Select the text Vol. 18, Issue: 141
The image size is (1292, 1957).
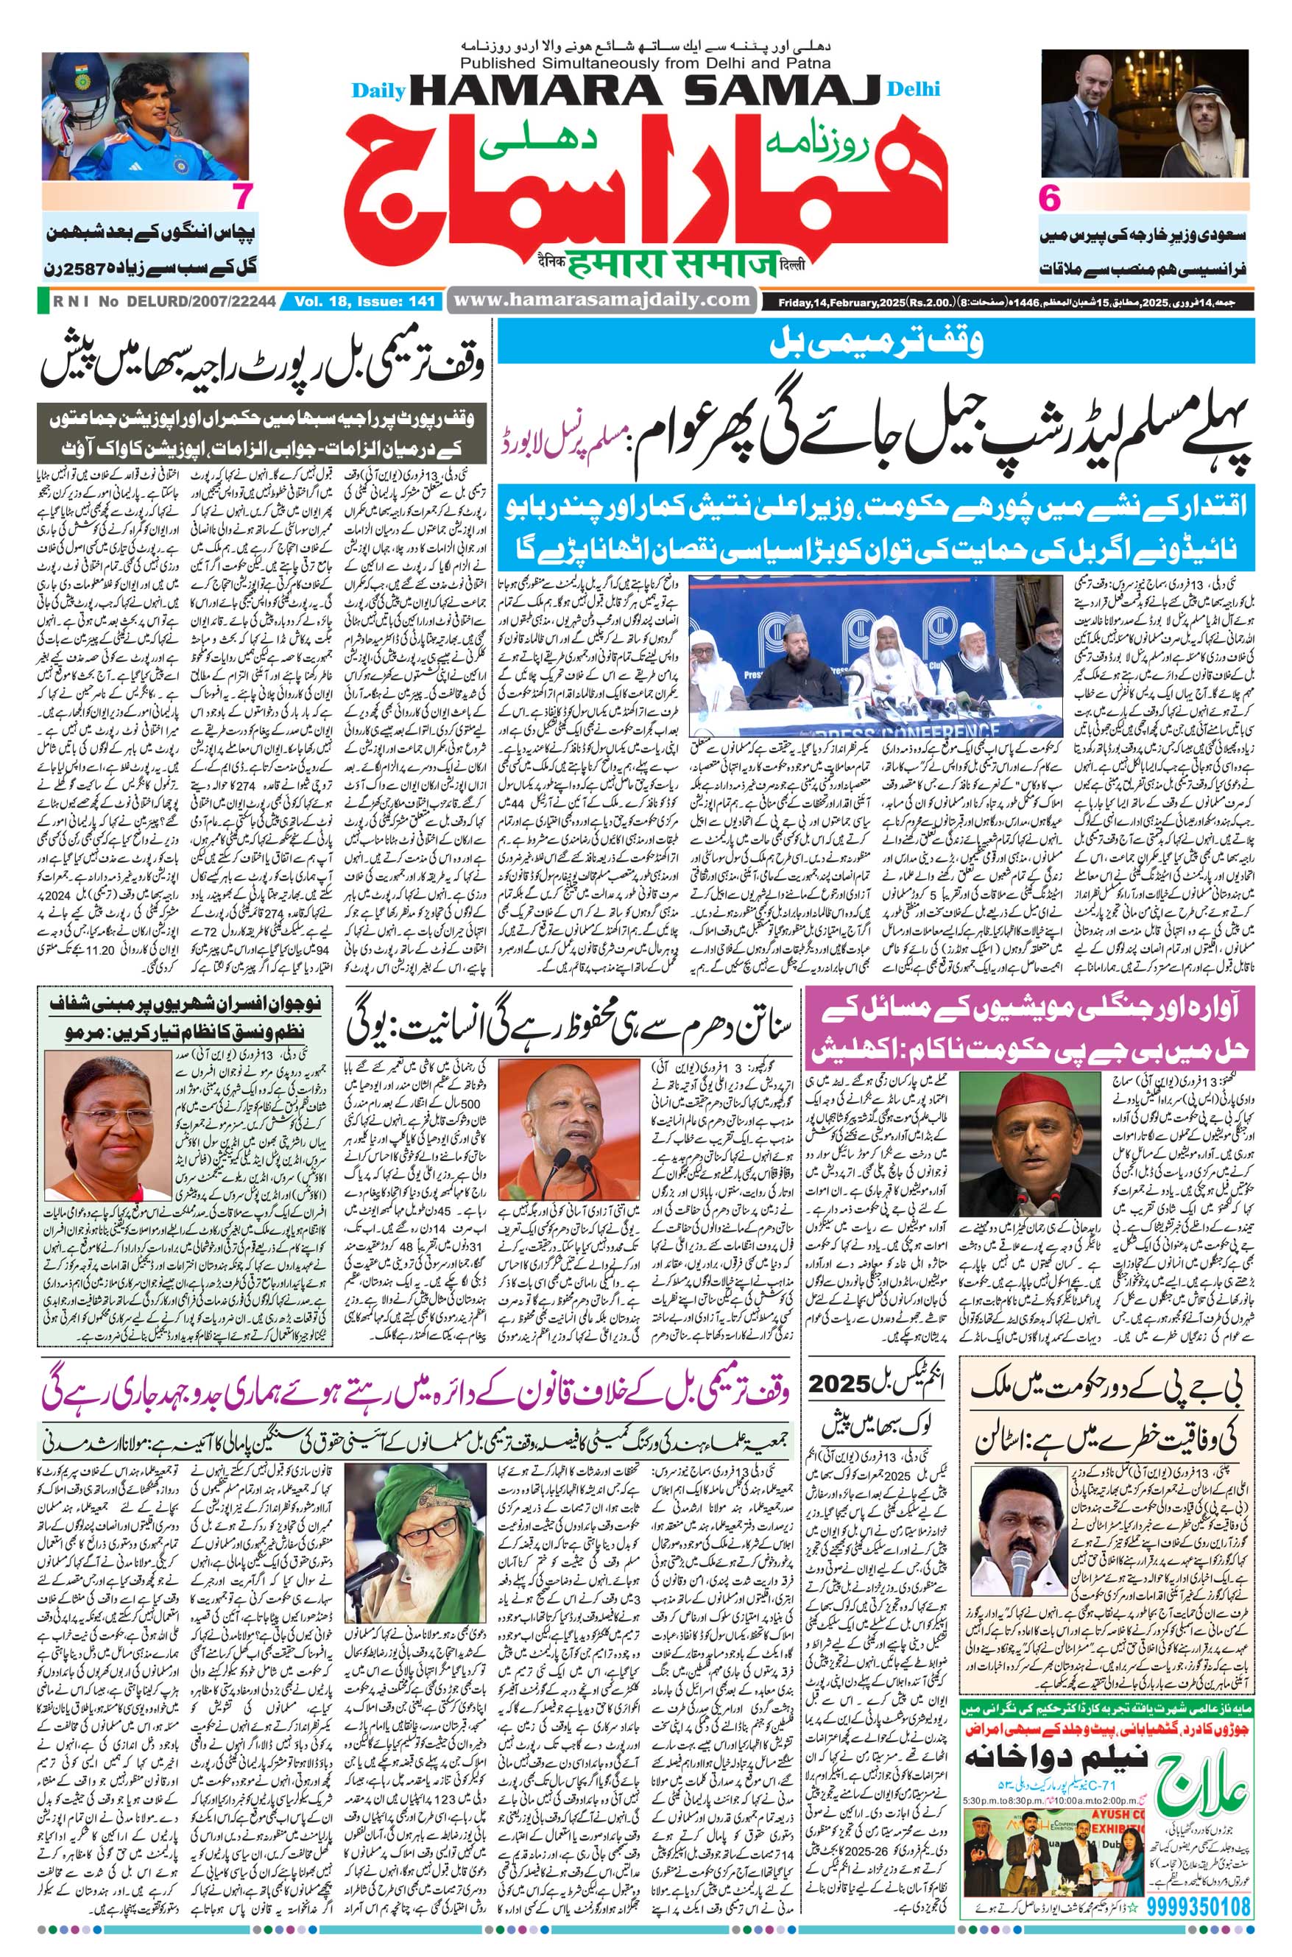click(362, 303)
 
